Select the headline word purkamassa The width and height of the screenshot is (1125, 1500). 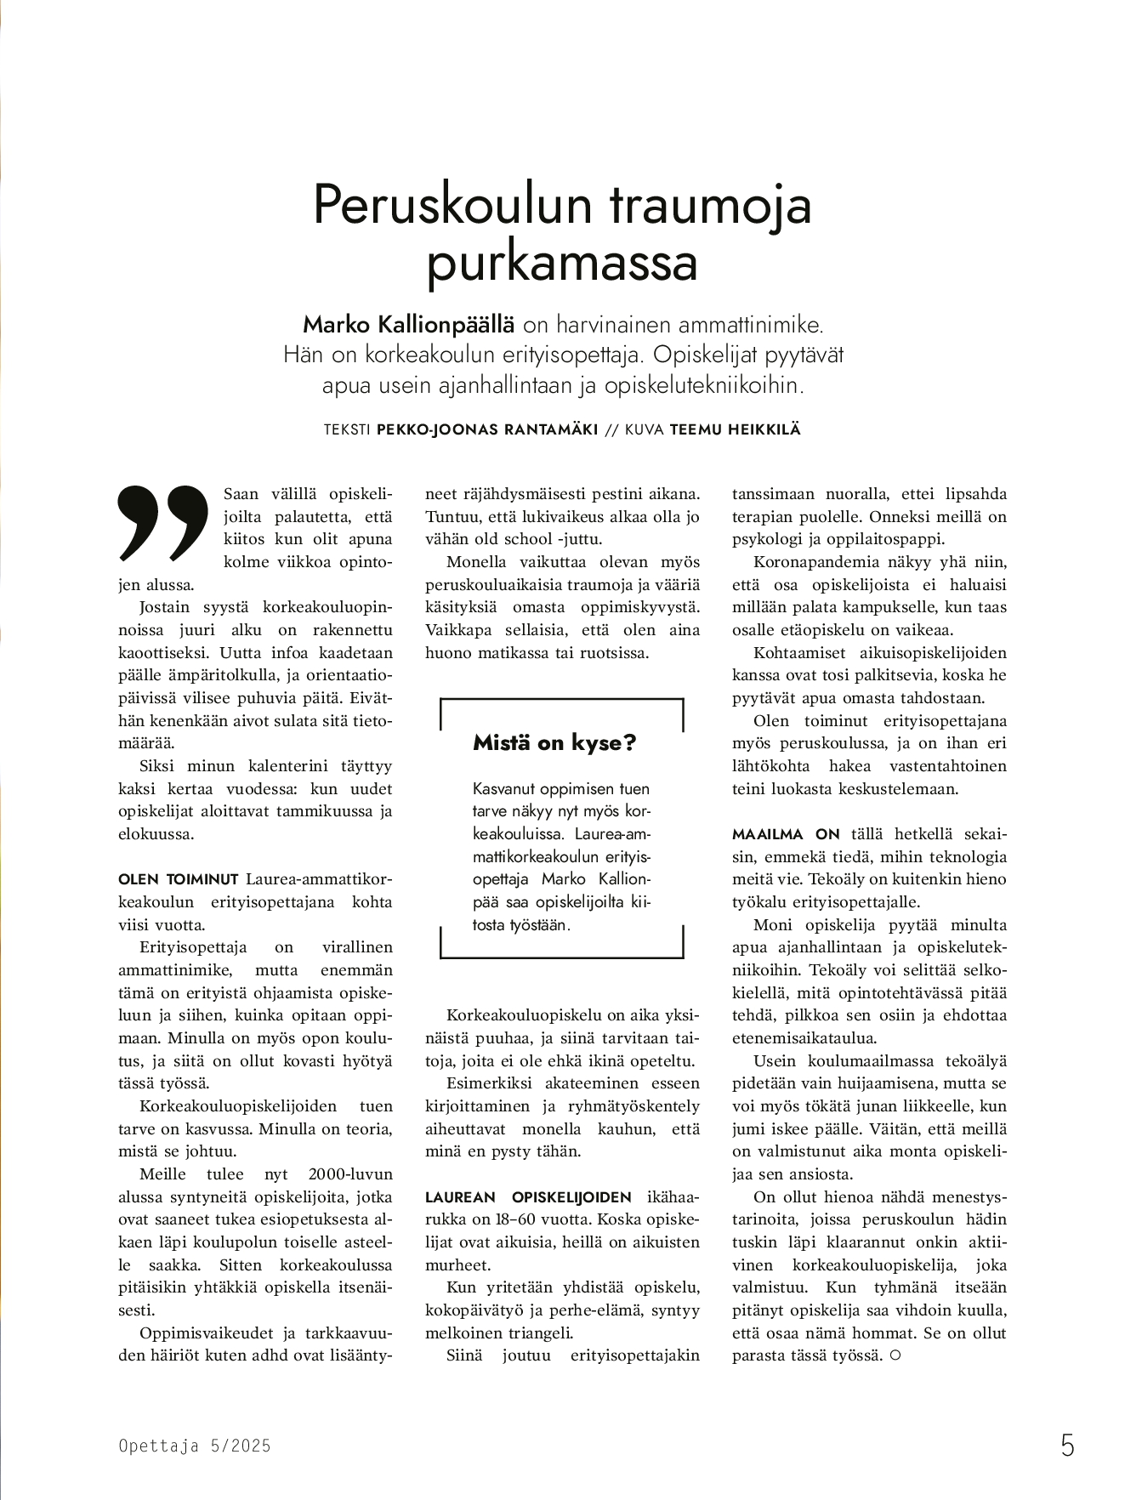[x=561, y=263]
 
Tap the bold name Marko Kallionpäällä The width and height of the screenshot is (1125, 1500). [x=409, y=324]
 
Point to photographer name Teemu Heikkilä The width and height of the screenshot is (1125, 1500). [x=735, y=429]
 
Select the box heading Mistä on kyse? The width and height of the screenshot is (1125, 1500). [x=554, y=742]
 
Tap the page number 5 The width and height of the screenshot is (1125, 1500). [x=1067, y=1445]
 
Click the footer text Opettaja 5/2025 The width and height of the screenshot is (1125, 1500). [x=195, y=1445]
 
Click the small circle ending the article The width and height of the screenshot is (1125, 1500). [x=894, y=1355]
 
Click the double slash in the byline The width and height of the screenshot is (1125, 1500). [x=611, y=429]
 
